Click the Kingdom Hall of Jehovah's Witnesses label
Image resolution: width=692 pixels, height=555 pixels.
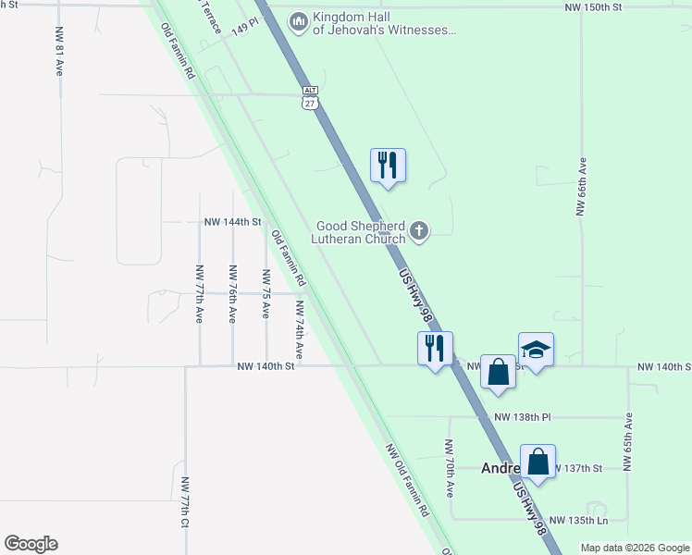tap(385, 23)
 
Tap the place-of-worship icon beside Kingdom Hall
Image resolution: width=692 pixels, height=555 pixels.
tap(298, 21)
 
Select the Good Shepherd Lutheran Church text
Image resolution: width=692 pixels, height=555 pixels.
tap(361, 232)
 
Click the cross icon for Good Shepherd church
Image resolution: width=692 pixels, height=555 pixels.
tap(419, 230)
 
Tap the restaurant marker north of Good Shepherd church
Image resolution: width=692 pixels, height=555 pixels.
tap(389, 166)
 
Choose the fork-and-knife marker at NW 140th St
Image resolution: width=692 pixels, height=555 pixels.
tap(435, 349)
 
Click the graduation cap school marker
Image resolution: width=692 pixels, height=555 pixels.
tap(536, 350)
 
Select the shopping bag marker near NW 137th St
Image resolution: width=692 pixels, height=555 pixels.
tap(538, 462)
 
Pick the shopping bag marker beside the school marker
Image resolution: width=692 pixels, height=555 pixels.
tap(498, 371)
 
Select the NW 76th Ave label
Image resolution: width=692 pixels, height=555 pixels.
tap(232, 294)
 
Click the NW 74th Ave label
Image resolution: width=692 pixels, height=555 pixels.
tap(299, 329)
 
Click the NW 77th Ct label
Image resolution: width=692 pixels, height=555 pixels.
tap(185, 503)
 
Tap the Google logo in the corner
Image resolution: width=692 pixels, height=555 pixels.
tap(31, 544)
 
